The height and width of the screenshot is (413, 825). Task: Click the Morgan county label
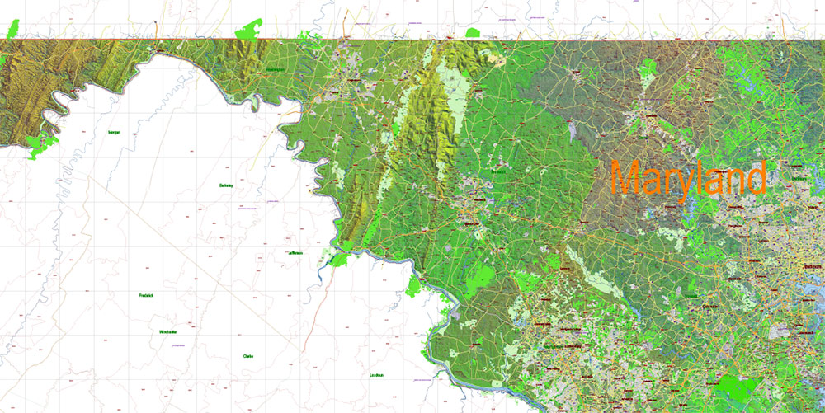click(x=115, y=132)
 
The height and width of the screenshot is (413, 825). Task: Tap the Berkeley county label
click(x=226, y=185)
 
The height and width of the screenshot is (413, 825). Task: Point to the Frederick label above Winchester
click(x=147, y=295)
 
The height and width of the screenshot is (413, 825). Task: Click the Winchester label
click(x=168, y=331)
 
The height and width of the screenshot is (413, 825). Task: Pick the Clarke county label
click(x=247, y=355)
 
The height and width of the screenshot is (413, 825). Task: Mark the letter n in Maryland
click(x=735, y=181)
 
